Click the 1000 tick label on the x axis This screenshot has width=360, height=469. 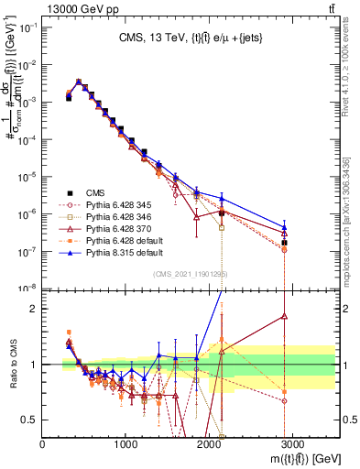pos(126,443)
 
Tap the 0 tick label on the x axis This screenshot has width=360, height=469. pos(43,443)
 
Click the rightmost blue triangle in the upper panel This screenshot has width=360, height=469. pos(284,227)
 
